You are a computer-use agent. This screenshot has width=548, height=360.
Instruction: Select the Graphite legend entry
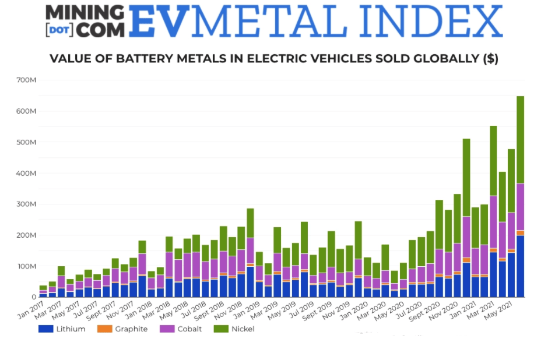click(x=127, y=329)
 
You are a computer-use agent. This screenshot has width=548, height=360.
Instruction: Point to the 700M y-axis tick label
click(x=26, y=80)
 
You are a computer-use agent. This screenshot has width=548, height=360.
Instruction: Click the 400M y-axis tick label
click(x=26, y=173)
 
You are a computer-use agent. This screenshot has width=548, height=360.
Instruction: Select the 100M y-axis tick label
click(x=26, y=266)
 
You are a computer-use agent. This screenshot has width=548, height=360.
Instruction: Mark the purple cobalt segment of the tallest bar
click(x=521, y=207)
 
